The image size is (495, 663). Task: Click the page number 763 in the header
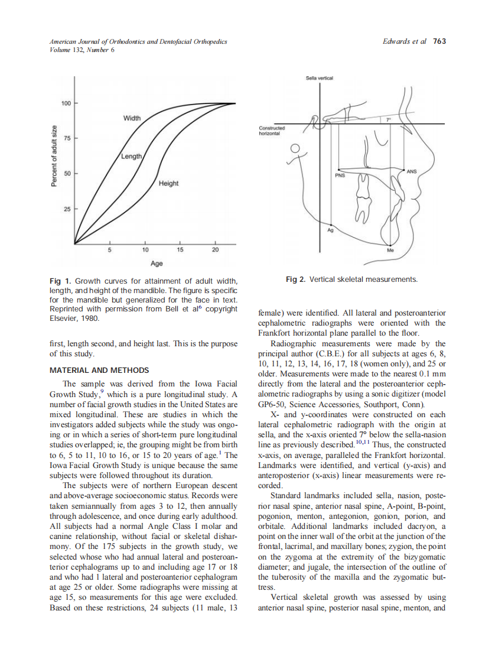pyautogui.click(x=439, y=41)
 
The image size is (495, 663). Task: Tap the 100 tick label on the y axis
pyautogui.click(x=66, y=103)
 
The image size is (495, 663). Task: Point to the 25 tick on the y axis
pyautogui.click(x=67, y=209)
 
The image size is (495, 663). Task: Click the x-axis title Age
pyautogui.click(x=157, y=263)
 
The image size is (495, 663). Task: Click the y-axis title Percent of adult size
pyautogui.click(x=54, y=156)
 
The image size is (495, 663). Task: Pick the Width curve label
pyautogui.click(x=132, y=118)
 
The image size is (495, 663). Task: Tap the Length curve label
pyautogui.click(x=131, y=156)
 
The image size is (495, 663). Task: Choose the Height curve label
pyautogui.click(x=168, y=184)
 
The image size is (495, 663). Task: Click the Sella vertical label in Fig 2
pyautogui.click(x=319, y=78)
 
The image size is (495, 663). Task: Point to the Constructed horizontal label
pyautogui.click(x=272, y=131)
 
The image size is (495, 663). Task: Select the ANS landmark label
pyautogui.click(x=411, y=171)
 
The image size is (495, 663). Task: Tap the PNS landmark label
pyautogui.click(x=340, y=175)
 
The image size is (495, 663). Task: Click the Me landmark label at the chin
pyautogui.click(x=390, y=250)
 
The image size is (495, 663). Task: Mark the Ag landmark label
pyautogui.click(x=330, y=230)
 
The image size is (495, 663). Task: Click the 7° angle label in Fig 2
pyautogui.click(x=387, y=120)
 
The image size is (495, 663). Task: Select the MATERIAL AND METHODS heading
pyautogui.click(x=99, y=370)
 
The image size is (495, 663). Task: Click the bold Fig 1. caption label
pyautogui.click(x=60, y=281)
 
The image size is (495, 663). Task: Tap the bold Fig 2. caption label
pyautogui.click(x=295, y=279)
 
